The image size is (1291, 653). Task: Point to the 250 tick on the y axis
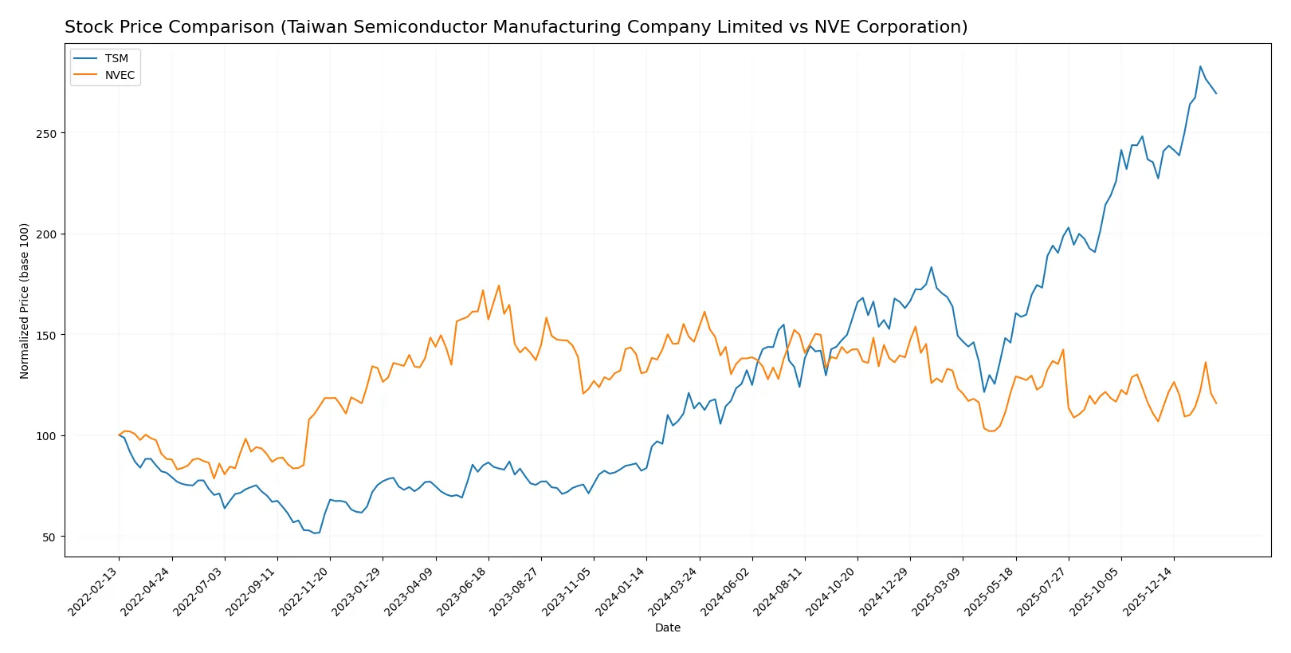point(46,133)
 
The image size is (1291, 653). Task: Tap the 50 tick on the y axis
point(49,537)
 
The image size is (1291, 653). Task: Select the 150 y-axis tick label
point(46,335)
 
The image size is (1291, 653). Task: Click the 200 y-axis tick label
point(46,234)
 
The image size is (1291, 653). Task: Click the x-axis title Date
point(667,627)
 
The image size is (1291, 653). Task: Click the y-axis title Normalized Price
point(25,301)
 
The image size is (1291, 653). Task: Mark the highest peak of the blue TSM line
point(1200,66)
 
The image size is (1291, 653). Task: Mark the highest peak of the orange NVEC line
point(499,285)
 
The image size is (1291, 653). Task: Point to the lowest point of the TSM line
point(313,533)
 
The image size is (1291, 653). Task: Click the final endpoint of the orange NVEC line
point(1216,403)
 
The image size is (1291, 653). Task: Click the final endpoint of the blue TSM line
point(1216,93)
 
